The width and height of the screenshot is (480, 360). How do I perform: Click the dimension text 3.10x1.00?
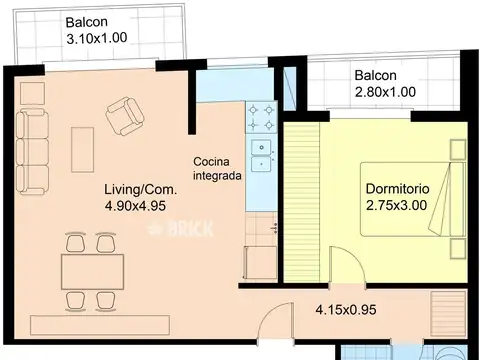coord(97,38)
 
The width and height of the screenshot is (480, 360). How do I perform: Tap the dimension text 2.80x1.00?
coord(385,92)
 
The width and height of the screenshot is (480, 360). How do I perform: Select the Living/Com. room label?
coord(141,190)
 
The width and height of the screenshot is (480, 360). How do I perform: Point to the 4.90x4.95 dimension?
coord(135,206)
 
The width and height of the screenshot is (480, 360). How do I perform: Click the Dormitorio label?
coord(397,189)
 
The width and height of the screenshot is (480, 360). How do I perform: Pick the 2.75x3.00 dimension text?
coord(396,205)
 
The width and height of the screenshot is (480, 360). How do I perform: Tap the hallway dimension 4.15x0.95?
coord(346,310)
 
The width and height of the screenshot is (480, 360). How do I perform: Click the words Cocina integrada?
coord(217,169)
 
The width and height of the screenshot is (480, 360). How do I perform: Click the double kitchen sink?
coord(262,156)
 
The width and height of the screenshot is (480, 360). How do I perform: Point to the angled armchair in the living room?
coord(125,116)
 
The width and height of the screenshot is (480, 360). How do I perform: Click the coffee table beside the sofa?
coord(82,149)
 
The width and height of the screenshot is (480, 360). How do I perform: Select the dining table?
coord(93,272)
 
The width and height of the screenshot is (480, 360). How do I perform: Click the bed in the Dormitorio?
coord(413,199)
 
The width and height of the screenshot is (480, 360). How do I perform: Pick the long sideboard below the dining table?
coord(100,325)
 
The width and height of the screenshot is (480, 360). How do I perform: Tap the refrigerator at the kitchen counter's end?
coord(261,263)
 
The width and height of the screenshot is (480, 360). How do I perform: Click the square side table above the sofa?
coord(33,93)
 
